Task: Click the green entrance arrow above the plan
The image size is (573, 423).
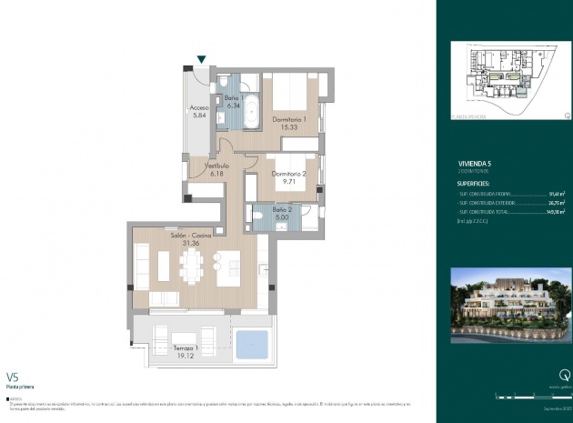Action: (201, 60)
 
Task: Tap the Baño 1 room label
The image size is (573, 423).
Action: (234, 100)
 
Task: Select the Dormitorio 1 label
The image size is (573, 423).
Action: (291, 122)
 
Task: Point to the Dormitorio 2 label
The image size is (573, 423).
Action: (291, 176)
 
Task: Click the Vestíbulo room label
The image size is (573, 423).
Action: (216, 169)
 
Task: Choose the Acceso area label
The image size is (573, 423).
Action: (200, 111)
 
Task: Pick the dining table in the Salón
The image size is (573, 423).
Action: (193, 267)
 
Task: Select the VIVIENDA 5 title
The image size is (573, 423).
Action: (477, 166)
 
